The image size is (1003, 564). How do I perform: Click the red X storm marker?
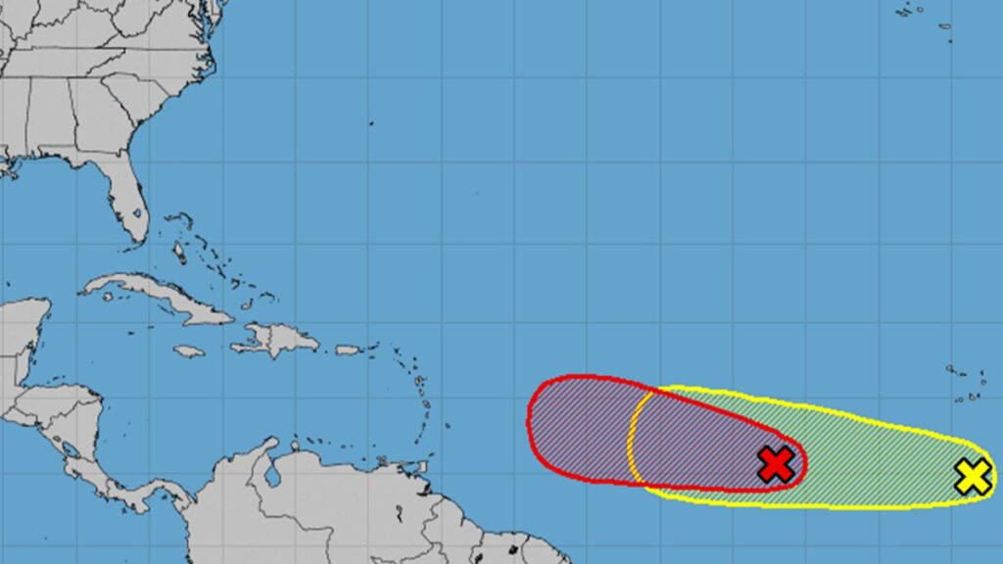776,464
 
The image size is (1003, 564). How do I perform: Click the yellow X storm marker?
973,476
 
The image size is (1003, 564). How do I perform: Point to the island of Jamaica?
189,351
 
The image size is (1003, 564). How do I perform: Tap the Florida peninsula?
127,201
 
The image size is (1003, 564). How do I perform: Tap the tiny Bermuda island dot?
371,123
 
